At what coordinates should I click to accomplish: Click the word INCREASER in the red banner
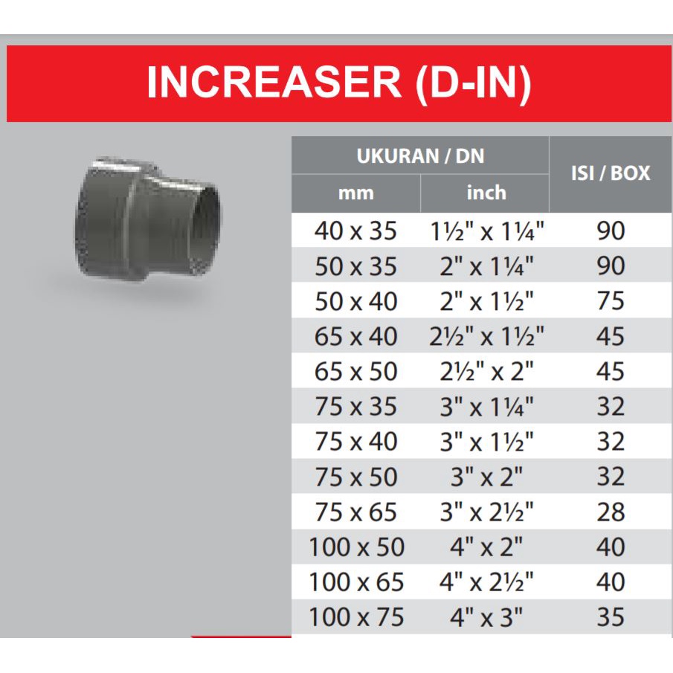274,82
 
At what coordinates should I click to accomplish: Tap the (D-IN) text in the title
474,84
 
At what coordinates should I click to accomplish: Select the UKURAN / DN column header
420,156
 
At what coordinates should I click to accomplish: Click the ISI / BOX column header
611,173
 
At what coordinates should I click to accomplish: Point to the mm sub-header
355,193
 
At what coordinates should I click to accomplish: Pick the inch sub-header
486,193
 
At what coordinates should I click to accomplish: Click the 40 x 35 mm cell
355,231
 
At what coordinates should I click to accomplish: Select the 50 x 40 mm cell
355,301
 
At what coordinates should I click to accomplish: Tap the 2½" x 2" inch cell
486,371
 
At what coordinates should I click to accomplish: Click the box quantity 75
611,301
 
